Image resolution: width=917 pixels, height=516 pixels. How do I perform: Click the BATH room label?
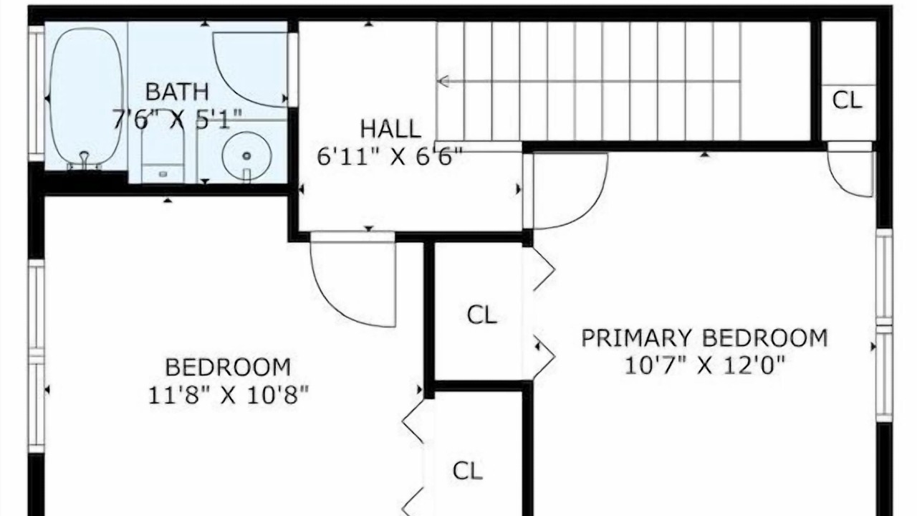[177, 92]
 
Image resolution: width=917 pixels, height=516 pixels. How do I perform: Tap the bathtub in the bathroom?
[86, 98]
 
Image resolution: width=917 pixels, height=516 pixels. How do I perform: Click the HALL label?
[390, 129]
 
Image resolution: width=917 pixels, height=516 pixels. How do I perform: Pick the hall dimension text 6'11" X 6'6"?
[390, 156]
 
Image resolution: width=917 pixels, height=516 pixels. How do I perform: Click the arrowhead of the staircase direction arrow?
[443, 81]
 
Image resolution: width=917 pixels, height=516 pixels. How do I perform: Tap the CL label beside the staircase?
[847, 100]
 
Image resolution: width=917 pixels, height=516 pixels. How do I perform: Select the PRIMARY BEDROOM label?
[704, 338]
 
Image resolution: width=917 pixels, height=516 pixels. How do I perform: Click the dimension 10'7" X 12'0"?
[704, 365]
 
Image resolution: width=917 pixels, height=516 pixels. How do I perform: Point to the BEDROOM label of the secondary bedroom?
[228, 367]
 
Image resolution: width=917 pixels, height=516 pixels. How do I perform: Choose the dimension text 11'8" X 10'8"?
[228, 395]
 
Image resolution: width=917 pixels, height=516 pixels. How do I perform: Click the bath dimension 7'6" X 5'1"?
[177, 120]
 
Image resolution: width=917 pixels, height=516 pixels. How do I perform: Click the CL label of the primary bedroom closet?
[482, 315]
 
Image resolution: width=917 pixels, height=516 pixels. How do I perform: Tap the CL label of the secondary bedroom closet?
[468, 472]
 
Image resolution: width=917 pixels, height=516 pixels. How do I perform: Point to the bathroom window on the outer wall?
[37, 93]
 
